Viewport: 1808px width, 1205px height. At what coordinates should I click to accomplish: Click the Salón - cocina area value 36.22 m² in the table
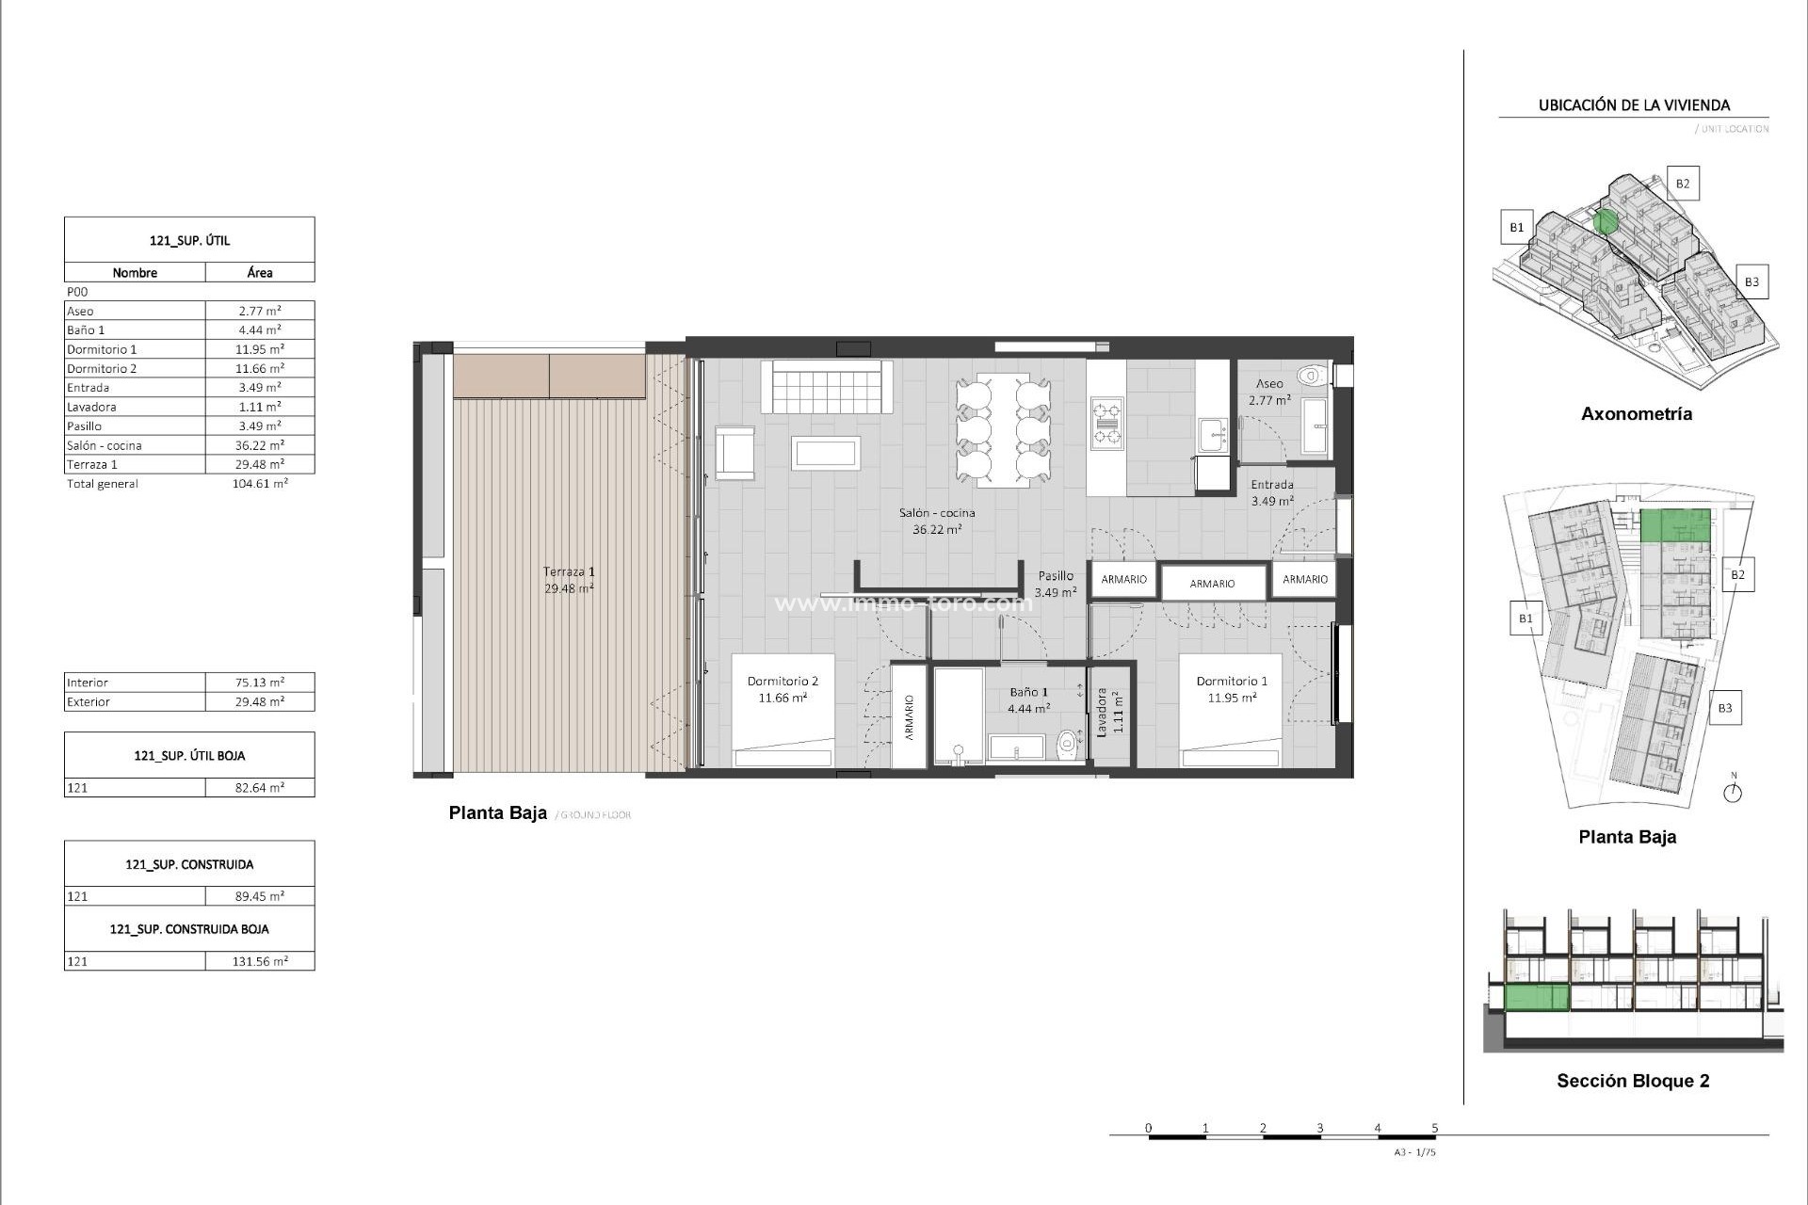(259, 445)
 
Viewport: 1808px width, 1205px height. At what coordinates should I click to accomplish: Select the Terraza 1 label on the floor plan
(569, 579)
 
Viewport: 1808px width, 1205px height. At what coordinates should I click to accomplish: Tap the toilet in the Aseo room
(1311, 377)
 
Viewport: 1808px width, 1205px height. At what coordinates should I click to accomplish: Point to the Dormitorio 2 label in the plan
(782, 688)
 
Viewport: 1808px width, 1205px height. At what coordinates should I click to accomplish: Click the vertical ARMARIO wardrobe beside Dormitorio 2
(910, 716)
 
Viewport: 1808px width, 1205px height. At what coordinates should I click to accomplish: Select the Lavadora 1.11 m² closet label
(1109, 712)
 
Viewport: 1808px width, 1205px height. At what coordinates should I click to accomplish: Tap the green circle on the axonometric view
(1606, 222)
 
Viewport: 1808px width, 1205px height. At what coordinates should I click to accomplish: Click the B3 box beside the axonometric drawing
(1751, 281)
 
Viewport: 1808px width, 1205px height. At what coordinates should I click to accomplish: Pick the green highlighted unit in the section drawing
(1537, 997)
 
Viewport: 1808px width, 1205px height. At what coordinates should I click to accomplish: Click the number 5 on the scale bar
(1435, 1128)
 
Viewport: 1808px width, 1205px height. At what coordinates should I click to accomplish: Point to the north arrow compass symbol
(1733, 792)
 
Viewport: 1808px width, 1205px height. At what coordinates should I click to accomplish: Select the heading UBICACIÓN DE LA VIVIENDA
(1634, 105)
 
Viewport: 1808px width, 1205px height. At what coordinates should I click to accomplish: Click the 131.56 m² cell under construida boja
(259, 961)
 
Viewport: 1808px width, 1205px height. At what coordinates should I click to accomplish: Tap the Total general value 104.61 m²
(259, 484)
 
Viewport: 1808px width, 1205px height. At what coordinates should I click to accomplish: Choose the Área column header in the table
(260, 273)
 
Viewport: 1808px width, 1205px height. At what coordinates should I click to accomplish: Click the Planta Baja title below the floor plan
(497, 813)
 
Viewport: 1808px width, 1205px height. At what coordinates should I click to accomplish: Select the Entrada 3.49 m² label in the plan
(1271, 492)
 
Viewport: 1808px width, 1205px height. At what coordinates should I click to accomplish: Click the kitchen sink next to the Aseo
(1213, 435)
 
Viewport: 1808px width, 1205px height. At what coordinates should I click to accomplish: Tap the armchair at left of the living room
(735, 454)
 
